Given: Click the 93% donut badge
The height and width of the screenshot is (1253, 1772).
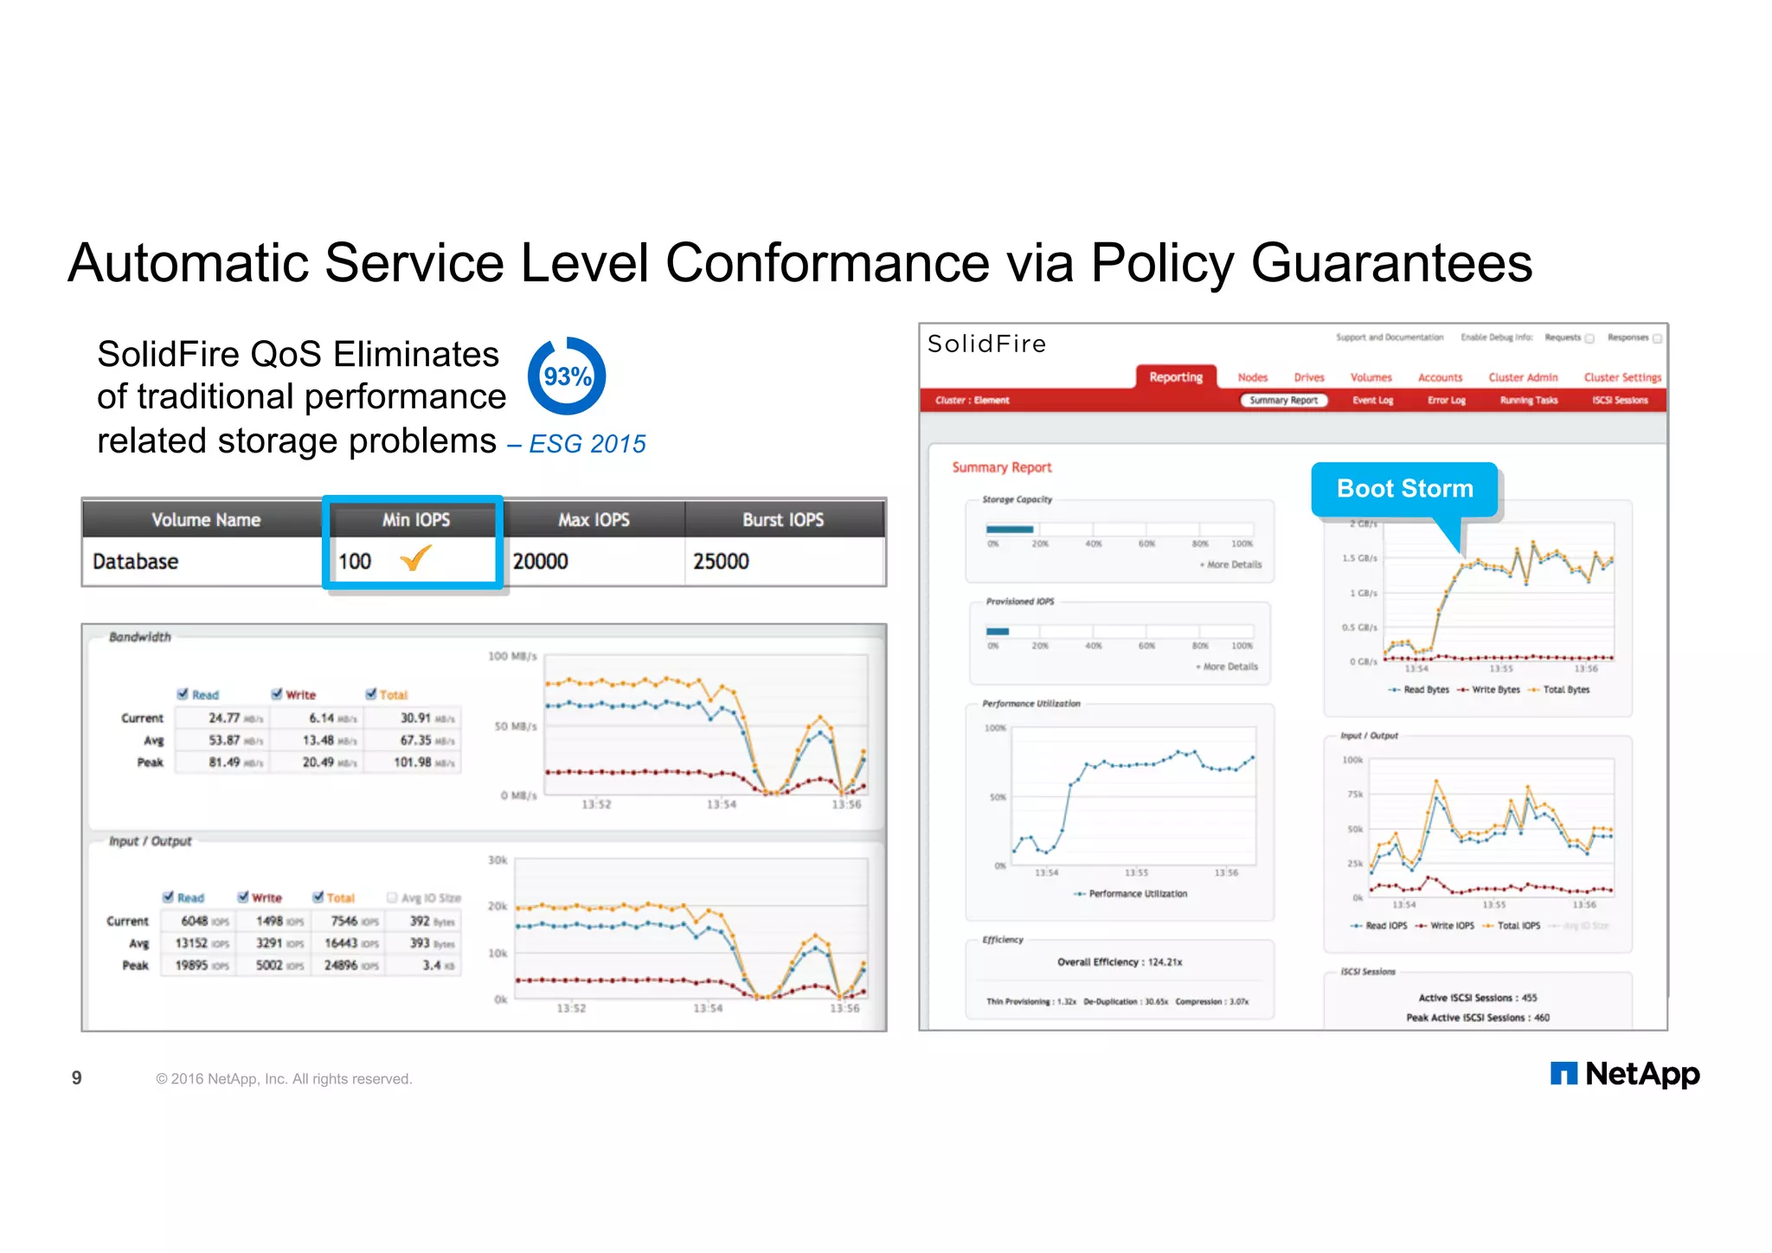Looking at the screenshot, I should [x=567, y=376].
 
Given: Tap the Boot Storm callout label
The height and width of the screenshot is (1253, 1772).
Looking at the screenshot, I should [x=1404, y=489].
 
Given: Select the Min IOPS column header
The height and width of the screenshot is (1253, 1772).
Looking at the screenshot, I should [x=415, y=520].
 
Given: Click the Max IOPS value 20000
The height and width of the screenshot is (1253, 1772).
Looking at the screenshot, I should [x=541, y=562].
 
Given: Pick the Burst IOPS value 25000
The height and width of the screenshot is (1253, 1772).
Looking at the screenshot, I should [x=721, y=562].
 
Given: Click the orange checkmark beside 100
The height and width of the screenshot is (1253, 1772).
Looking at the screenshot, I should [x=415, y=558].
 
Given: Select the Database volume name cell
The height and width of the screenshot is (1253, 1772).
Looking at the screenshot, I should [x=136, y=562].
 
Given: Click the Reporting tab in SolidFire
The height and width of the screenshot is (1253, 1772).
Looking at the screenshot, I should [x=1175, y=377].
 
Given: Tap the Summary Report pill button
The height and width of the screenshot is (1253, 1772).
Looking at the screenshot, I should [x=1283, y=401].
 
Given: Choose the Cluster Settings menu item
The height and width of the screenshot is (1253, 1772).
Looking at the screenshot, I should [x=1621, y=377].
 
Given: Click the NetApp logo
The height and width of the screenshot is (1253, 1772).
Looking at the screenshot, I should [x=1625, y=1074].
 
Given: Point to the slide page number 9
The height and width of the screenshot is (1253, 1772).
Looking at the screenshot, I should [x=77, y=1078].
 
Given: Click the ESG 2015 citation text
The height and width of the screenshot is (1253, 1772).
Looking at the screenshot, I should [x=587, y=444].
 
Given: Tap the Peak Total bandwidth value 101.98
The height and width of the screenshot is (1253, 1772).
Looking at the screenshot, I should [x=414, y=762].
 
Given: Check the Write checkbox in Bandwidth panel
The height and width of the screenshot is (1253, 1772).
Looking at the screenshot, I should [x=277, y=694].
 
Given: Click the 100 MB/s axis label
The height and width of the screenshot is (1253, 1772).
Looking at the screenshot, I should [x=512, y=656].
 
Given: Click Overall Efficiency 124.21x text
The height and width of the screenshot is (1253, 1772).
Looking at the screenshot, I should [x=1119, y=962].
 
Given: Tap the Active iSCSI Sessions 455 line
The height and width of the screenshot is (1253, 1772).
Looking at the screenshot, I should [x=1477, y=998].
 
